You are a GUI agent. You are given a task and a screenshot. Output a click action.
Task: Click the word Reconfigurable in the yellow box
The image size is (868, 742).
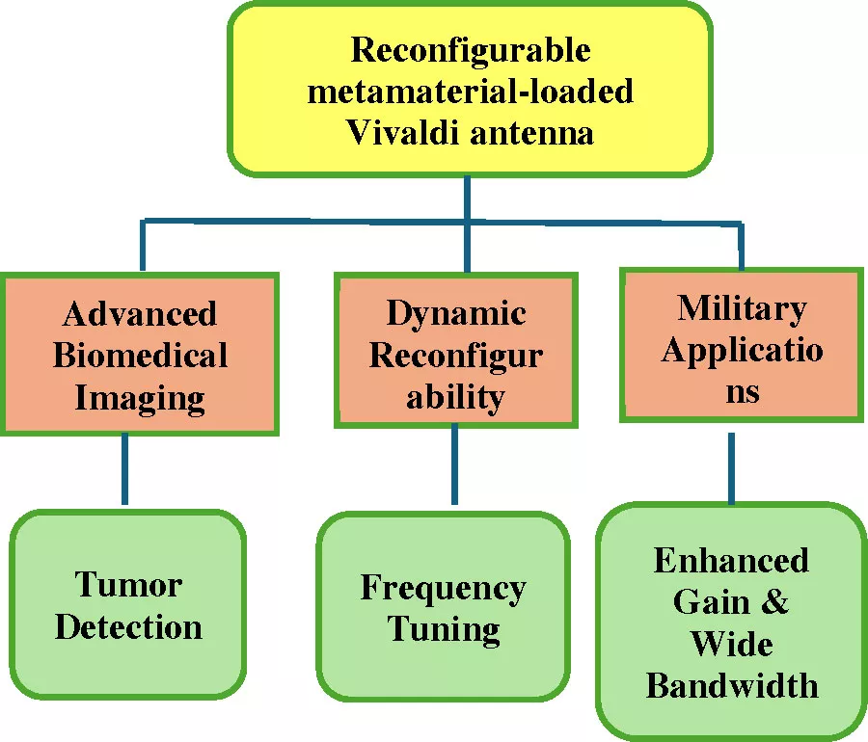(470, 49)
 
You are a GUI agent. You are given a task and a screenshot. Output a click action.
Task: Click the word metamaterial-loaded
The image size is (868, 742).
(470, 91)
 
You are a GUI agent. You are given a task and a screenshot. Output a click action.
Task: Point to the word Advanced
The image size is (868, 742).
(140, 313)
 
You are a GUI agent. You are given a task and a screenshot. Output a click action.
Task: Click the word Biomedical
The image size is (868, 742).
(140, 355)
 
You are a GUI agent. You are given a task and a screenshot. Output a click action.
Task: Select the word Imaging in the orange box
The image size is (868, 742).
(140, 396)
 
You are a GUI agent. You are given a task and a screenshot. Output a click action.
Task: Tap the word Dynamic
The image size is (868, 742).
(456, 313)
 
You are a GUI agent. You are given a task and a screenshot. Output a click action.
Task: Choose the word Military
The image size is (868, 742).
(742, 308)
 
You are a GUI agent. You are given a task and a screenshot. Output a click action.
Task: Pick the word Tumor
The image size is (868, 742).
(128, 585)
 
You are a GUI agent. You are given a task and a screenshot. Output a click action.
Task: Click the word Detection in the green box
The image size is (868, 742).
(128, 626)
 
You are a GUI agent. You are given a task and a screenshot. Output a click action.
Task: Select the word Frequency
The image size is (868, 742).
(443, 588)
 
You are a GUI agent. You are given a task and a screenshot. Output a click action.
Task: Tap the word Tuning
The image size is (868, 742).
(443, 629)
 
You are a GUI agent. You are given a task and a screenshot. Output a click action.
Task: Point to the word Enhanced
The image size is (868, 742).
(731, 560)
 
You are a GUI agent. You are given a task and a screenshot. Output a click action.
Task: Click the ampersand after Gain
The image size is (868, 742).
(774, 602)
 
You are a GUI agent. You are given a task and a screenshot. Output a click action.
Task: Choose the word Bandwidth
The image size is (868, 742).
(731, 685)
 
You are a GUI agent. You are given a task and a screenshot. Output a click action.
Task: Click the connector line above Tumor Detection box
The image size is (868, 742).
(124, 470)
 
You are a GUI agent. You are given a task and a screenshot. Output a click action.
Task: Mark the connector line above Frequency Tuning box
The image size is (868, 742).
(454, 464)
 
